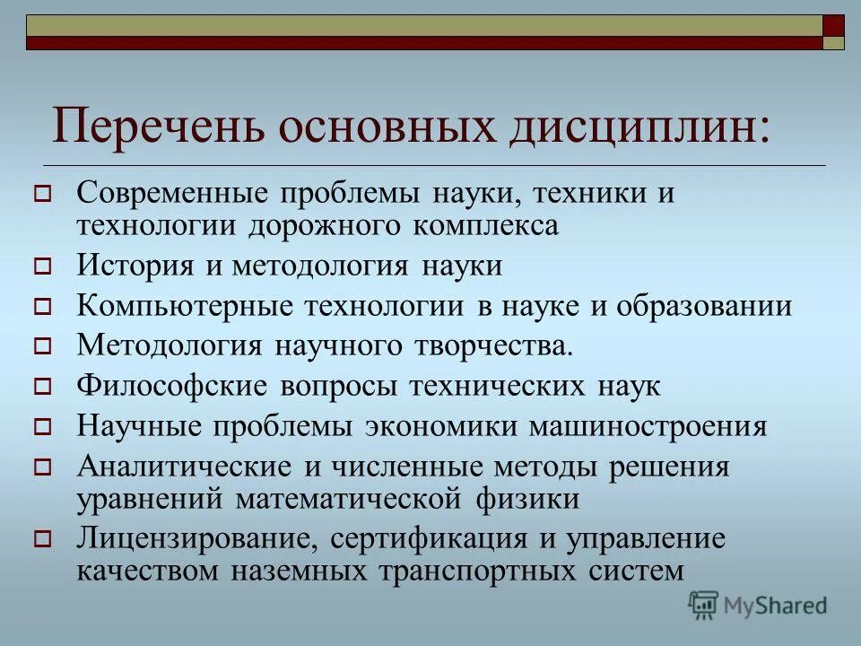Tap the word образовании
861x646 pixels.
click(x=704, y=306)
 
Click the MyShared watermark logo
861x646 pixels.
click(x=758, y=605)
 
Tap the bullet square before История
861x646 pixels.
click(x=41, y=266)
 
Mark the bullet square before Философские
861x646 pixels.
click(x=41, y=388)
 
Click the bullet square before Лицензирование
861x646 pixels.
click(x=41, y=540)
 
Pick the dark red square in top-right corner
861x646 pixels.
click(x=833, y=25)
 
